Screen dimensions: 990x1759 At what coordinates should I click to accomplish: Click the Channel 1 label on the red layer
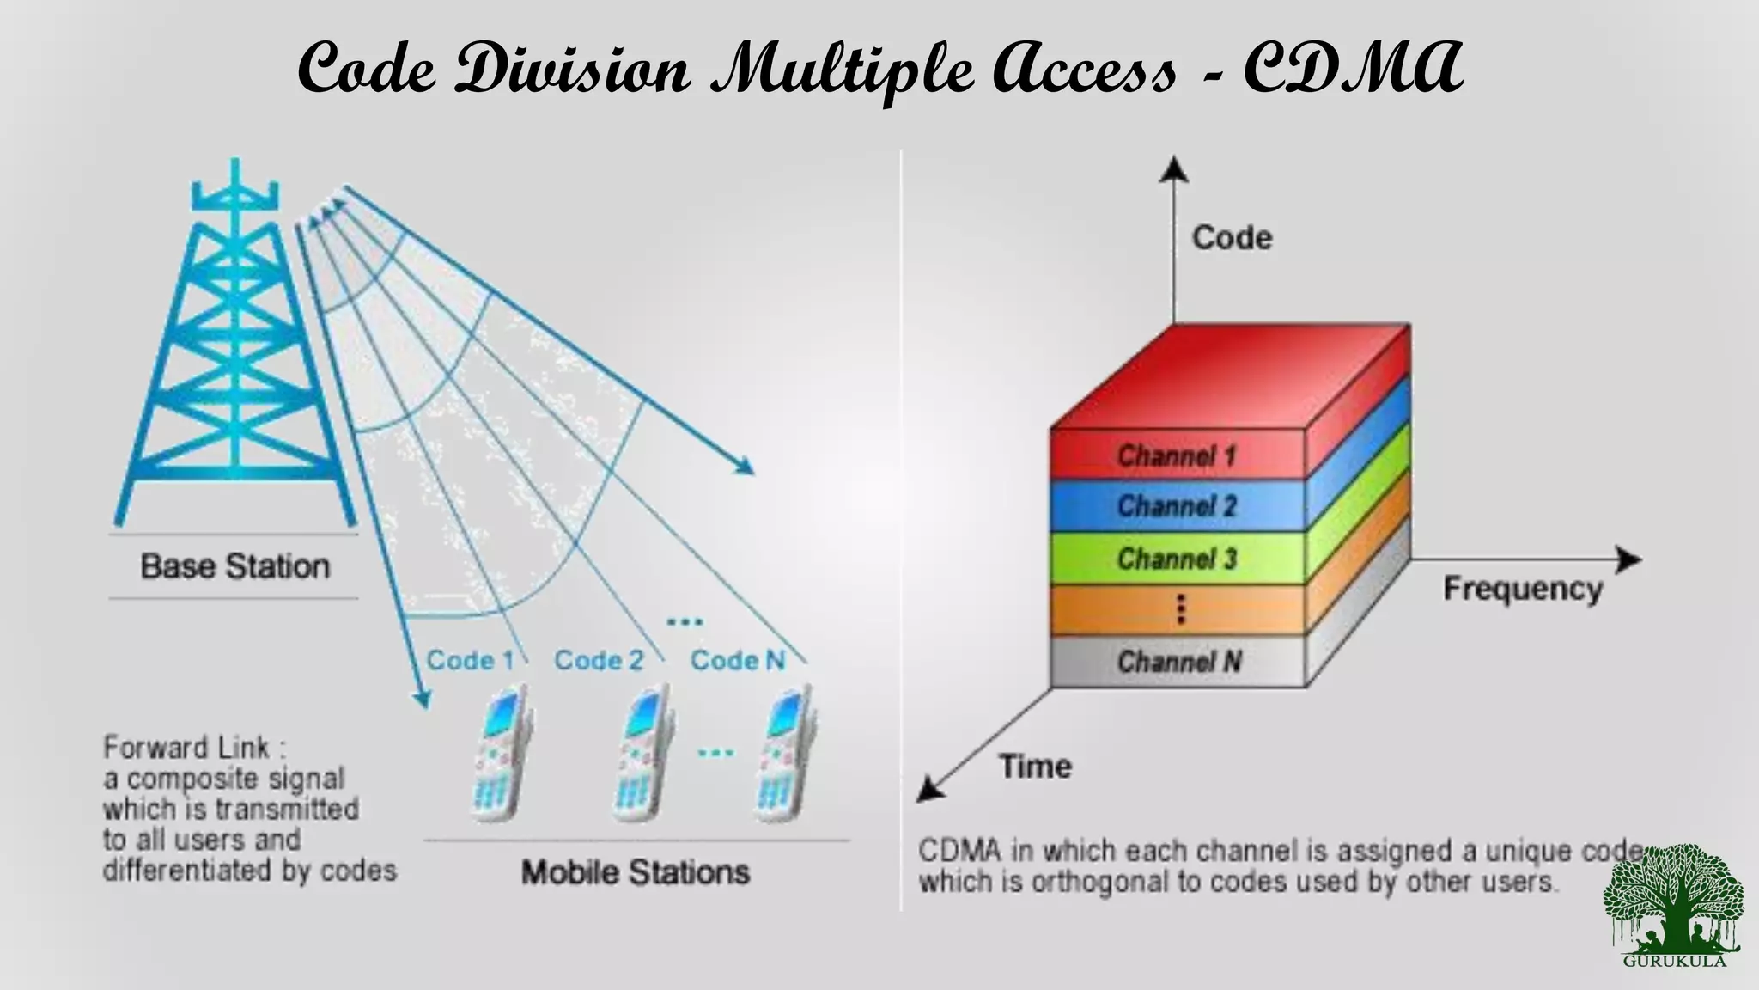tap(1176, 455)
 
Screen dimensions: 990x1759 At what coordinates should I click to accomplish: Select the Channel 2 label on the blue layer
tap(1176, 506)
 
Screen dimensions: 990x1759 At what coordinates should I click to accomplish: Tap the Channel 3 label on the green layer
tap(1176, 559)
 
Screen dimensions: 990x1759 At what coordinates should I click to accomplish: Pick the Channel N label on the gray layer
tap(1178, 662)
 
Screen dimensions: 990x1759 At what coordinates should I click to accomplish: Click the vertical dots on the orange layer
tap(1181, 609)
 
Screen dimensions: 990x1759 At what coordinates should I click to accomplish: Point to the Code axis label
tap(1232, 238)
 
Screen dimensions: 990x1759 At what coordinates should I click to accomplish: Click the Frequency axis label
tap(1522, 590)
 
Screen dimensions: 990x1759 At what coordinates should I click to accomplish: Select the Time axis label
tap(1035, 766)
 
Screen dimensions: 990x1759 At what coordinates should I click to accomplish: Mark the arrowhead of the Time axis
tap(928, 790)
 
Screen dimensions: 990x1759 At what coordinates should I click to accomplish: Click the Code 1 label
tap(470, 660)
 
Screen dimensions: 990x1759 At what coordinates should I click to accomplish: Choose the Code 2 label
tap(599, 660)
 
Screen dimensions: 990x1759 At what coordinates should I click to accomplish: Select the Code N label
tap(738, 660)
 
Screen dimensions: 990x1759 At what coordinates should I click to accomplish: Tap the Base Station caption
tap(234, 566)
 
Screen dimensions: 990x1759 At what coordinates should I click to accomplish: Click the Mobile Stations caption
tap(636, 872)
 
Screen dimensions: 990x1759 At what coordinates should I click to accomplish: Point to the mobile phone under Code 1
tap(502, 754)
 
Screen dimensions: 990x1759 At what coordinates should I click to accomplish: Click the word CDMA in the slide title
tap(1352, 69)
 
